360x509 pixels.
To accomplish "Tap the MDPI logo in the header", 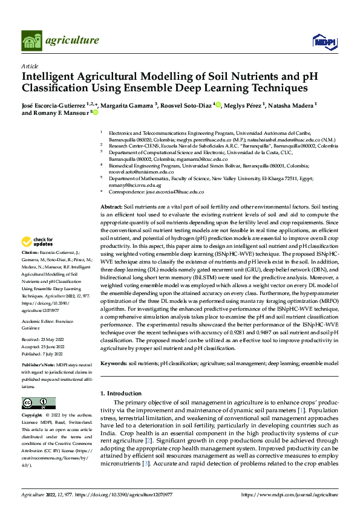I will point(324,41).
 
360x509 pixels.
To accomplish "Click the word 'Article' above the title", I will point(29,66).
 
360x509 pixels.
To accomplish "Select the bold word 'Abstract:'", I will point(111,207).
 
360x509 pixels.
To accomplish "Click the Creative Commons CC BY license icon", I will point(35,403).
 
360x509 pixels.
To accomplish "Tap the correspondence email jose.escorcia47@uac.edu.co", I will point(174,192).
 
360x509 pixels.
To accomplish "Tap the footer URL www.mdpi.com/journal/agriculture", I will point(289,494).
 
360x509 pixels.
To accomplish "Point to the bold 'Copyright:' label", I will point(31,417).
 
